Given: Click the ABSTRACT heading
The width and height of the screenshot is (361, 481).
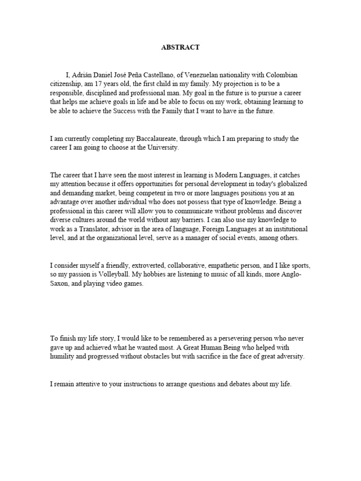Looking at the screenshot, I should (x=180, y=47).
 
